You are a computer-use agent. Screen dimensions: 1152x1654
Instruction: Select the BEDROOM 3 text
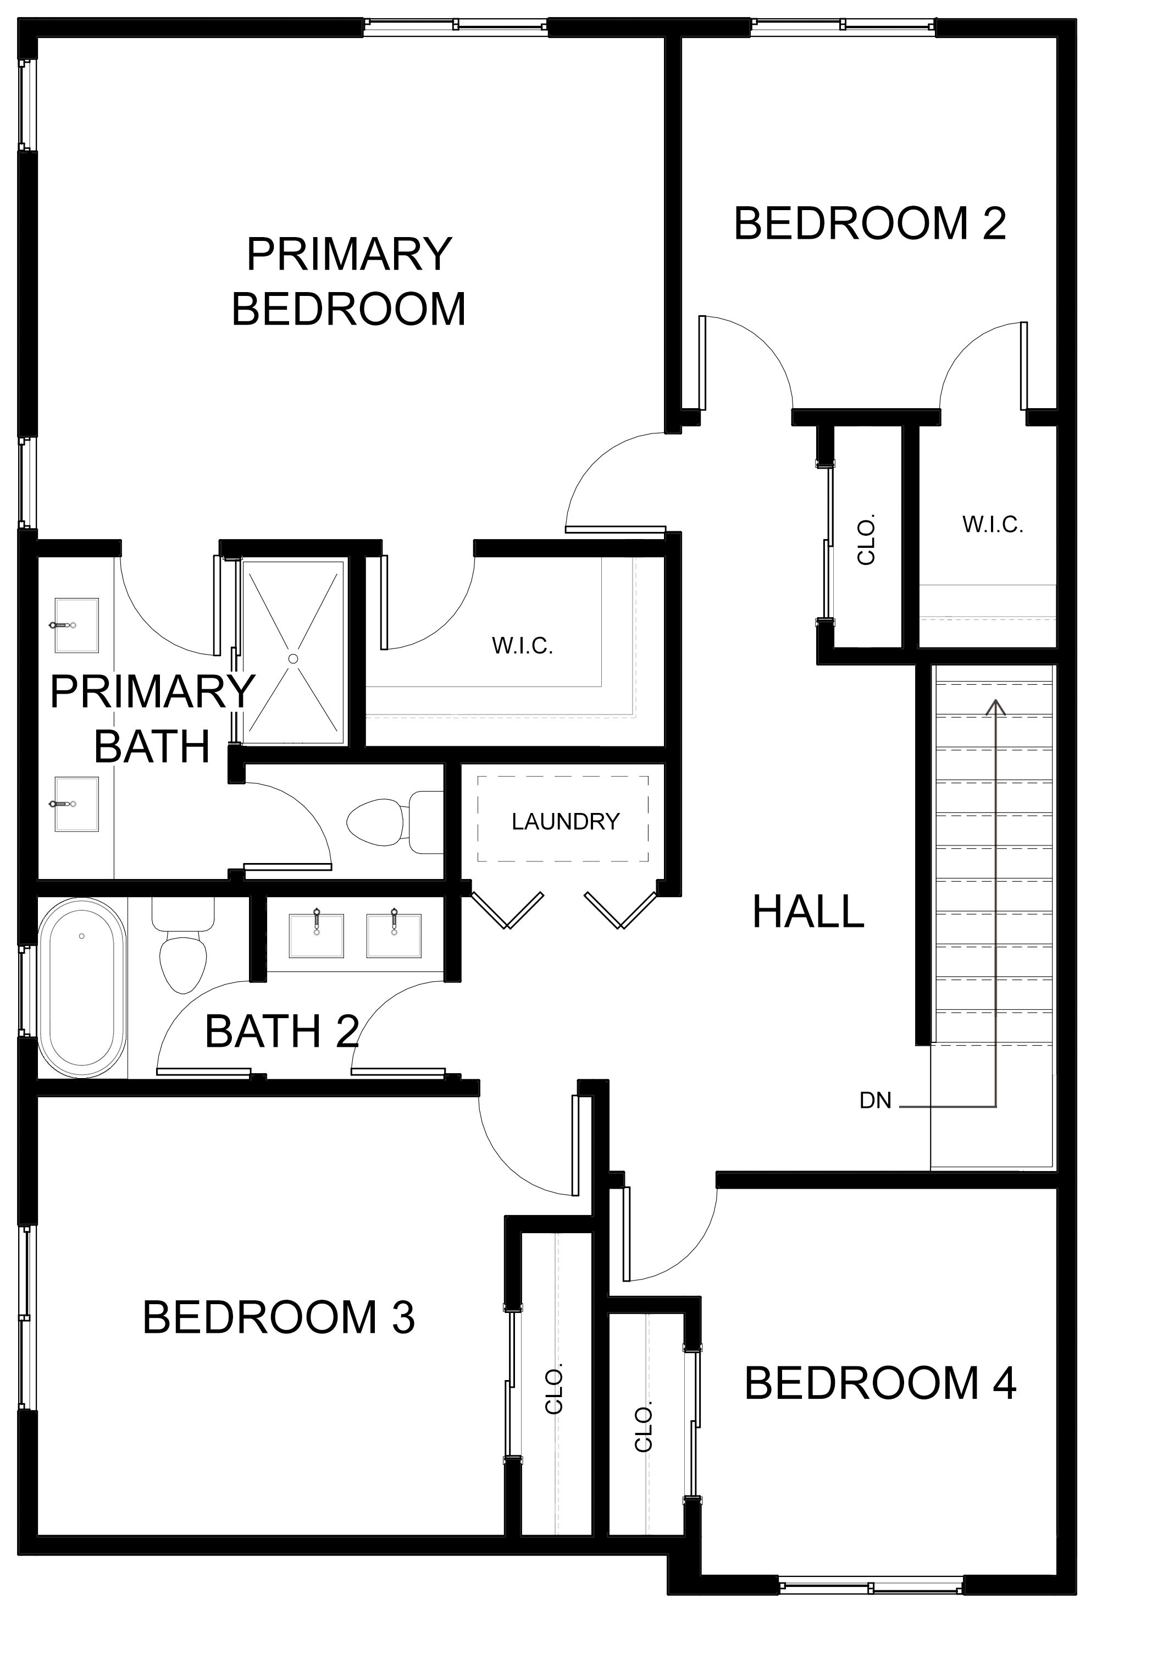(279, 1317)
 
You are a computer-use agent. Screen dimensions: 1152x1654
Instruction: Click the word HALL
(808, 911)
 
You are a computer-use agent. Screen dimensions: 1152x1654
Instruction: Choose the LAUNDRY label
(565, 821)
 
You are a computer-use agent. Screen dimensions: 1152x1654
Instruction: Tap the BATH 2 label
(281, 1031)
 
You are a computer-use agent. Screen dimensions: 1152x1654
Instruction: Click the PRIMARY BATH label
(152, 719)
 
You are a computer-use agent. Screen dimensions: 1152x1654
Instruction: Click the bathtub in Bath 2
(82, 987)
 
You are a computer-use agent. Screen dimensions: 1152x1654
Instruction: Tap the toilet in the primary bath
(395, 821)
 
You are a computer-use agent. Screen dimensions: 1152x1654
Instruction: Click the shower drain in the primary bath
(293, 658)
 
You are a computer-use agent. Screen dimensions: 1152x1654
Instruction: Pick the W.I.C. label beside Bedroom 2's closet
(992, 524)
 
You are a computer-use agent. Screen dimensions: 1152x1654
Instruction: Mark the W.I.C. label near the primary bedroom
(522, 645)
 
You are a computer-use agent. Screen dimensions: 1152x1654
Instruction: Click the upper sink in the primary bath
(76, 624)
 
